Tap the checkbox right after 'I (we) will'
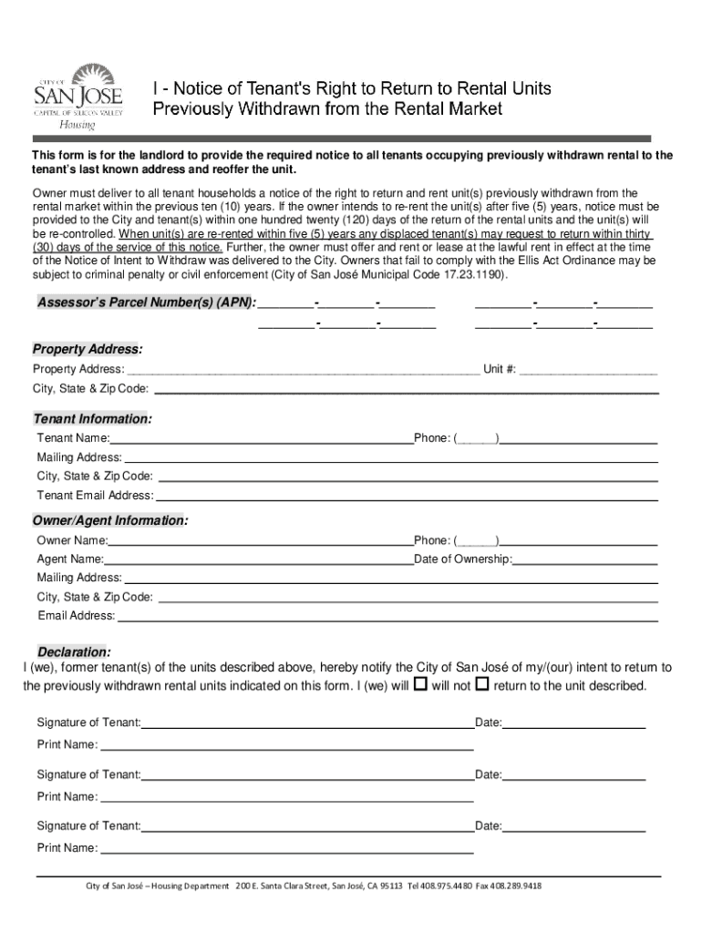tap(420, 684)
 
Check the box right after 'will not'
tap(482, 684)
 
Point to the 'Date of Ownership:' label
tap(463, 559)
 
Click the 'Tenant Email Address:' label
tap(95, 496)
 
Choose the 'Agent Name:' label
tap(70, 559)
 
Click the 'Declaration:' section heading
tap(73, 652)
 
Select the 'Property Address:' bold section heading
tap(88, 350)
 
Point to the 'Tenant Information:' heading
tap(93, 419)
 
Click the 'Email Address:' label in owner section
tap(77, 616)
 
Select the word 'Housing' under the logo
tap(77, 125)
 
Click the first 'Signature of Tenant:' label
tap(88, 723)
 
